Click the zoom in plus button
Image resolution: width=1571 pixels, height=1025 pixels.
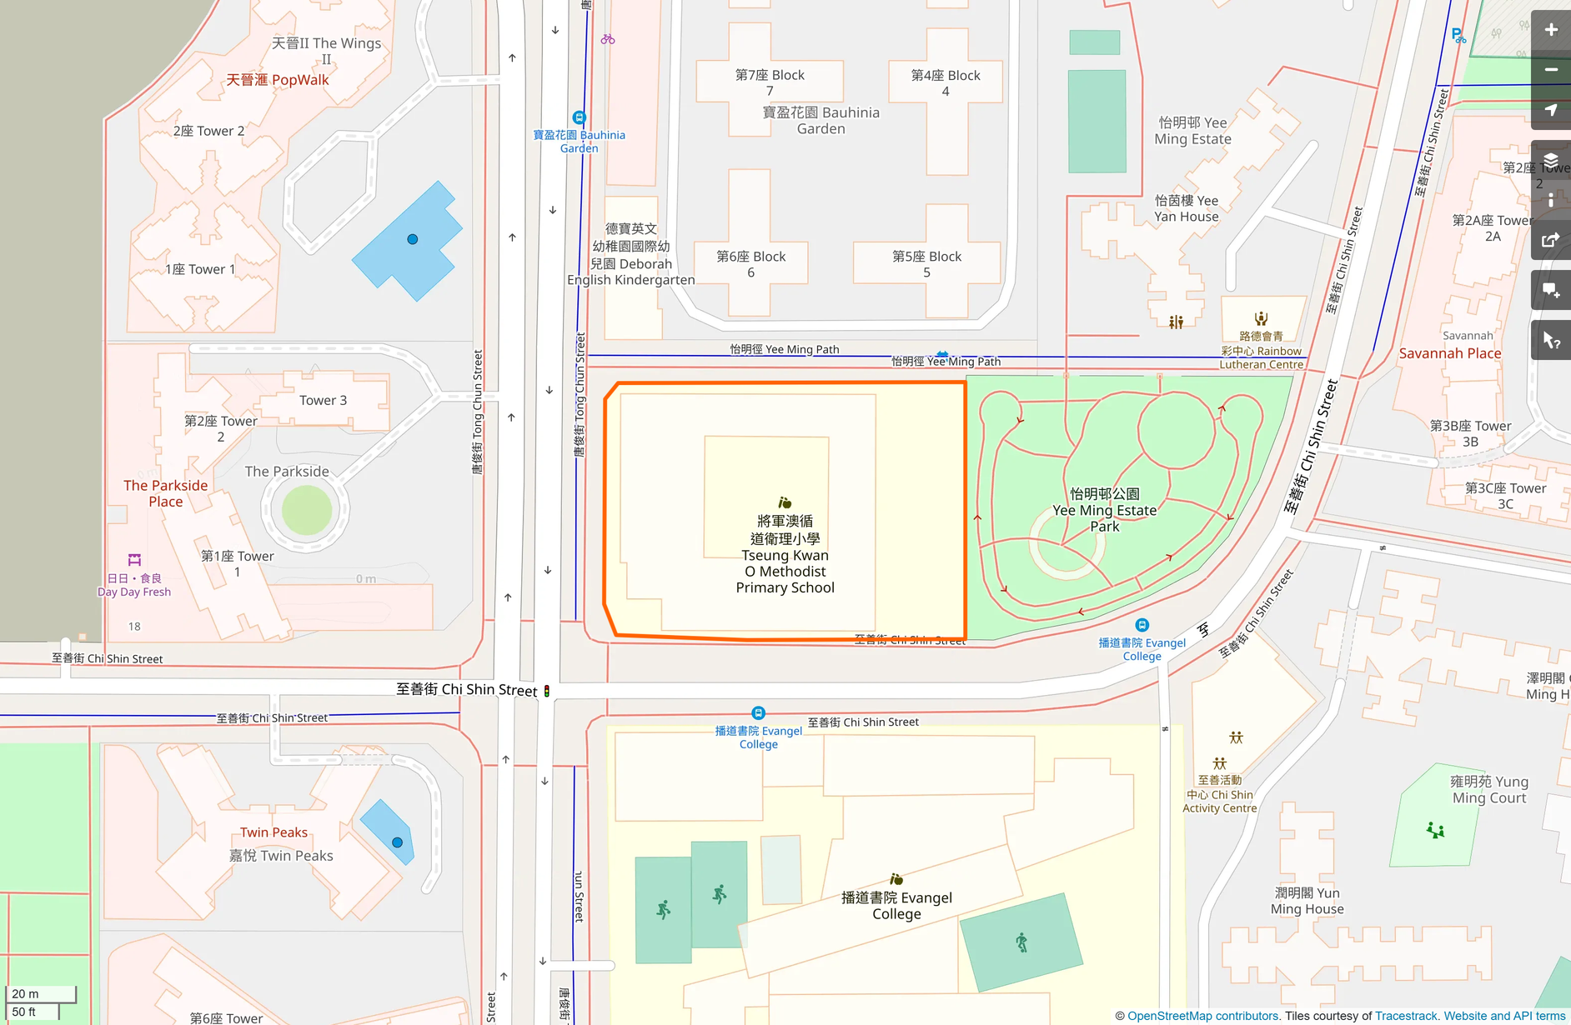pos(1550,30)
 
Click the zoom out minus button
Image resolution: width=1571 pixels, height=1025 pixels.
pos(1550,70)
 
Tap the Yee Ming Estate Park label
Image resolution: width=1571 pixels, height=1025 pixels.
pos(1104,510)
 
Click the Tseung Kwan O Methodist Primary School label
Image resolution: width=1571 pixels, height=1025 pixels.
pos(785,554)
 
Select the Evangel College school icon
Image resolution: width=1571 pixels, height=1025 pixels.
pos(896,879)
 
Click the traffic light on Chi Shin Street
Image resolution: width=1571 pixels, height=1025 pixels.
pos(547,691)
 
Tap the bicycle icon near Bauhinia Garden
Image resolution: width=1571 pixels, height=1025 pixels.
pos(608,39)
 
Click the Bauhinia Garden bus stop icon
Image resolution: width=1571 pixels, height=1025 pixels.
pos(579,117)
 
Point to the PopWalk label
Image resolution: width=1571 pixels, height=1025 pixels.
pos(278,80)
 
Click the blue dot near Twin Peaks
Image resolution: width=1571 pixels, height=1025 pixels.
pos(397,842)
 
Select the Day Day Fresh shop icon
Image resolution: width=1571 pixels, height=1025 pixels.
pos(134,560)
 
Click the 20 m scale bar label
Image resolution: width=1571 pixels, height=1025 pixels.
pos(25,993)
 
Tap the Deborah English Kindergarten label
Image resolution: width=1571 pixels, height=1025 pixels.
pos(631,254)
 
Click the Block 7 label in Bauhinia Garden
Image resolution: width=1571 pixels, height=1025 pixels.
pos(770,82)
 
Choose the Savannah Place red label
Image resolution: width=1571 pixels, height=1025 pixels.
pos(1449,353)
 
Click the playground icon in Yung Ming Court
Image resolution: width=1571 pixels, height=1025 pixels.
pos(1435,830)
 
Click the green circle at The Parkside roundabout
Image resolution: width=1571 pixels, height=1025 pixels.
pos(306,510)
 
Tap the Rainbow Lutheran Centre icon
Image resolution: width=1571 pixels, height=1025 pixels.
pos(1261,318)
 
